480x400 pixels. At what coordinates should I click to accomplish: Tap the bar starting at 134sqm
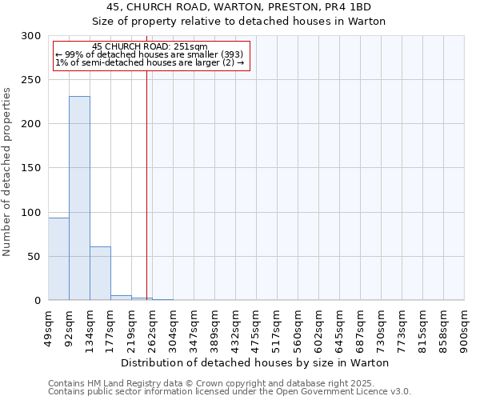coord(100,274)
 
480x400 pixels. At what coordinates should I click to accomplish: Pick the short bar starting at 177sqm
coord(121,298)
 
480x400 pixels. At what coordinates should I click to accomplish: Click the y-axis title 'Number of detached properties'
coord(7,172)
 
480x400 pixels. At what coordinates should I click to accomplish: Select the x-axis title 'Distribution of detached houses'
coord(256,362)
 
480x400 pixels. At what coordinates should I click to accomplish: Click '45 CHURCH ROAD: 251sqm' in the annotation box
coord(150,46)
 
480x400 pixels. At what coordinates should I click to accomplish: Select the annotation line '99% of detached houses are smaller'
coord(150,54)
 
